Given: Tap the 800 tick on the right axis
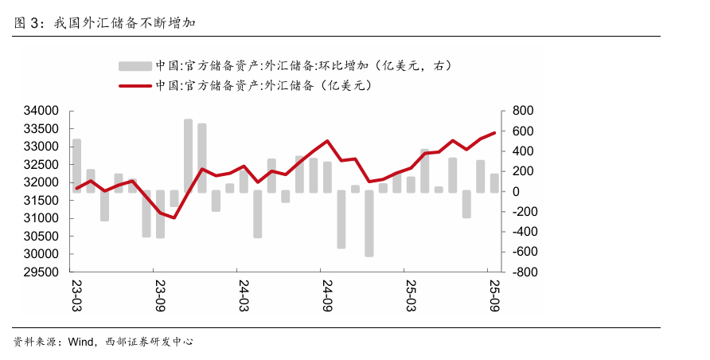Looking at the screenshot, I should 521,111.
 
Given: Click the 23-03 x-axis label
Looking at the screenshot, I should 77,294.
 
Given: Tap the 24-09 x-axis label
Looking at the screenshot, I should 326,294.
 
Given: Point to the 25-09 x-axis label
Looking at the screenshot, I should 494,294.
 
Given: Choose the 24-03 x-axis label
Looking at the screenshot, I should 244,294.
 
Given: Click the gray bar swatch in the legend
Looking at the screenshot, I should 134,65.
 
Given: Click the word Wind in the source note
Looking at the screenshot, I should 81,342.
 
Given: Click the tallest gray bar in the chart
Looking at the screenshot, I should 188,155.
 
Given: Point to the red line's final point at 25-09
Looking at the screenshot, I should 494,133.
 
